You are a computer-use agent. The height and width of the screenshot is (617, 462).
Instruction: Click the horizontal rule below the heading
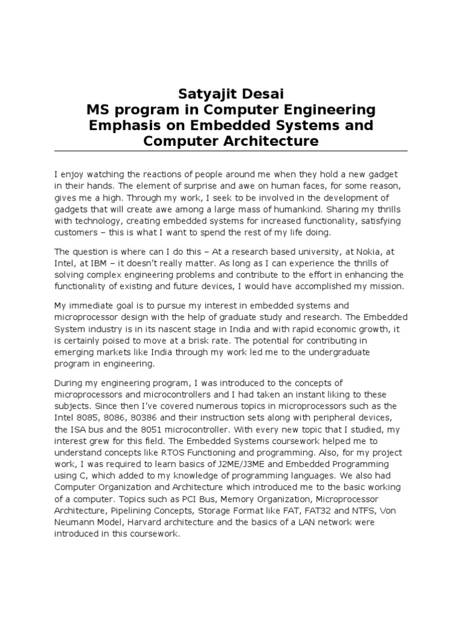[231, 151]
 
